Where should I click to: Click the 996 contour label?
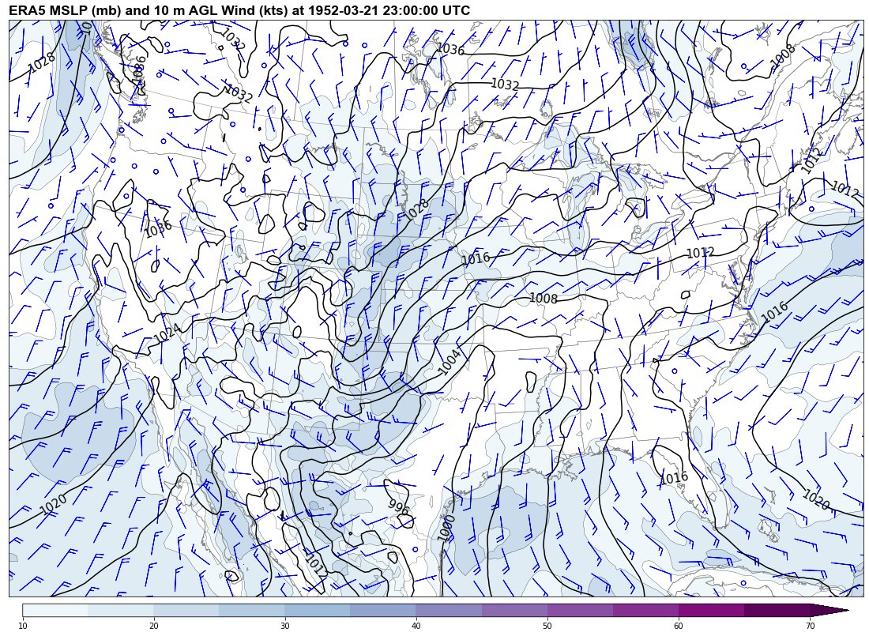[399, 508]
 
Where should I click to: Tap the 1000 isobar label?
[446, 528]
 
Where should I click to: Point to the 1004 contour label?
[450, 362]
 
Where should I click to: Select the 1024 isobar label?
[167, 333]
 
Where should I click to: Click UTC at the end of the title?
[455, 10]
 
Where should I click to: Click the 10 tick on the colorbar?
[23, 626]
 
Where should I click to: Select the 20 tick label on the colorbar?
[153, 626]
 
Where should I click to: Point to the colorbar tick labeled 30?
[284, 626]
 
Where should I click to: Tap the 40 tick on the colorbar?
[416, 626]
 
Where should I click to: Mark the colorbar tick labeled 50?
[547, 626]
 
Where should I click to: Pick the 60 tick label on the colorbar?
[678, 626]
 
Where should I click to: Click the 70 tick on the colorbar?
[809, 626]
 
